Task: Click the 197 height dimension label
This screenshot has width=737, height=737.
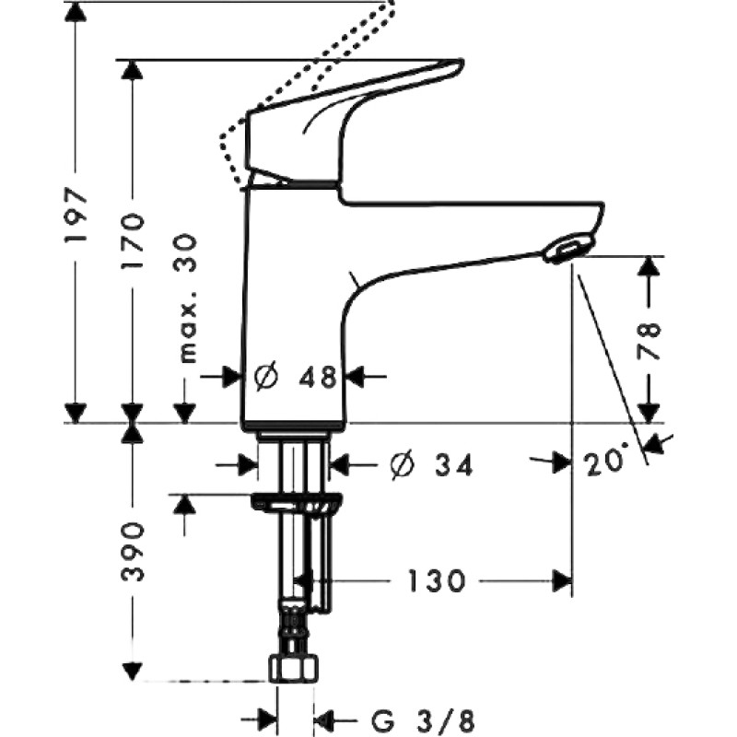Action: click(76, 215)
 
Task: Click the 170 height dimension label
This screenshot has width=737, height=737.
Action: click(132, 241)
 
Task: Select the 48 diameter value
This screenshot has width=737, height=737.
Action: click(318, 377)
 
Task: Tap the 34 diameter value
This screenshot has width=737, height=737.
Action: click(452, 465)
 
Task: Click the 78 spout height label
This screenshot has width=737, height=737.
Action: click(649, 334)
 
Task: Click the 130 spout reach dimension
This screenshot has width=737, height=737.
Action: click(436, 580)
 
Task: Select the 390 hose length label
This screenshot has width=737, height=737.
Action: click(132, 550)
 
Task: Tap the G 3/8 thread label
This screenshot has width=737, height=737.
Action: click(423, 719)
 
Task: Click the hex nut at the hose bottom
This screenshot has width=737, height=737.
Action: click(294, 668)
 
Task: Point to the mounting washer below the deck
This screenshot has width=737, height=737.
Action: click(296, 504)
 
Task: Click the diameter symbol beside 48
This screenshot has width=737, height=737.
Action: click(266, 377)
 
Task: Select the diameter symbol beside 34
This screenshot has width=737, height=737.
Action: click(402, 465)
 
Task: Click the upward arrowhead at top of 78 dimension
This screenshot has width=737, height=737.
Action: click(649, 268)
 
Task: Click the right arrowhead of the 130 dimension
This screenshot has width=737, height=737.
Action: click(562, 581)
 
